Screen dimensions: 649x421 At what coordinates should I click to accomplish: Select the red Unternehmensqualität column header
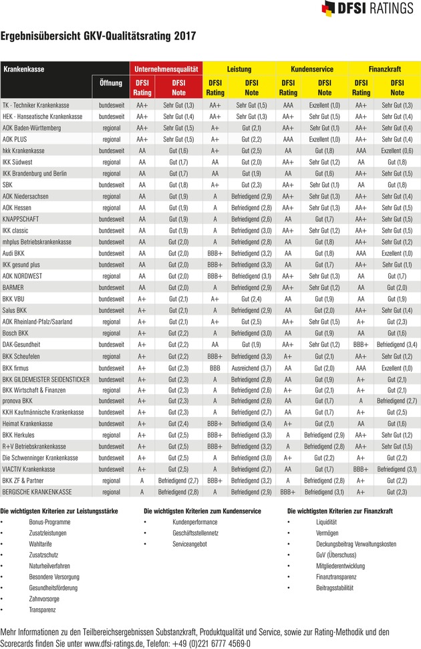coord(166,69)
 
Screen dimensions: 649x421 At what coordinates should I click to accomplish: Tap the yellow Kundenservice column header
coord(312,69)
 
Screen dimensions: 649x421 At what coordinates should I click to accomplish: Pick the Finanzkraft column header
coord(384,69)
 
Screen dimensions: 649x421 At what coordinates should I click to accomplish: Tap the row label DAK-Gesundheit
coord(25,344)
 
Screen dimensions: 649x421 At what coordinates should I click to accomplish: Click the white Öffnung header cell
coord(110,84)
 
